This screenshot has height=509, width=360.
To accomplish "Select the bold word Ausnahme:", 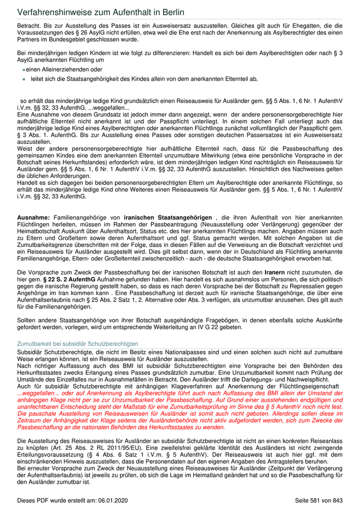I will (x=33, y=218).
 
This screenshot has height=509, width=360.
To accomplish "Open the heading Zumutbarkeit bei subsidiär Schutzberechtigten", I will (x=78, y=343).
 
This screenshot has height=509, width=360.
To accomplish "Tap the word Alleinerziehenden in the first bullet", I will (x=63, y=69).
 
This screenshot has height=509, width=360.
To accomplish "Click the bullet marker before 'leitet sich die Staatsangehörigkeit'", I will (x=24, y=79).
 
